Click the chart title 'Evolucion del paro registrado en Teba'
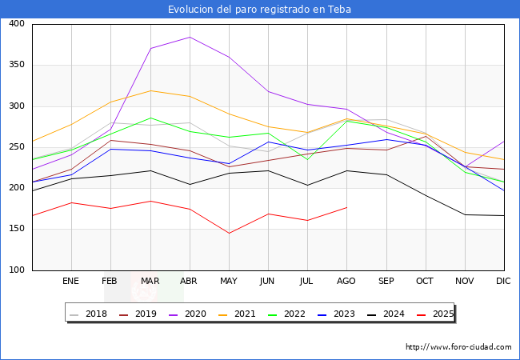(x=259, y=10)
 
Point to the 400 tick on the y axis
(x=16, y=24)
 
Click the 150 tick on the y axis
(x=16, y=230)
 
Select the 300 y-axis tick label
(x=16, y=106)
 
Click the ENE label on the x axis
(x=71, y=282)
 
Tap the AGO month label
(x=346, y=282)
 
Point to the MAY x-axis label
(x=229, y=282)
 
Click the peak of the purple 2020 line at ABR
(x=190, y=37)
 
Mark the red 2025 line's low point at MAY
(x=229, y=234)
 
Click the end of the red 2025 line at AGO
(x=346, y=207)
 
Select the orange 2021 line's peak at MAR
(x=150, y=90)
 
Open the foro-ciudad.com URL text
(x=458, y=347)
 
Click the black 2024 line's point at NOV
(x=465, y=214)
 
